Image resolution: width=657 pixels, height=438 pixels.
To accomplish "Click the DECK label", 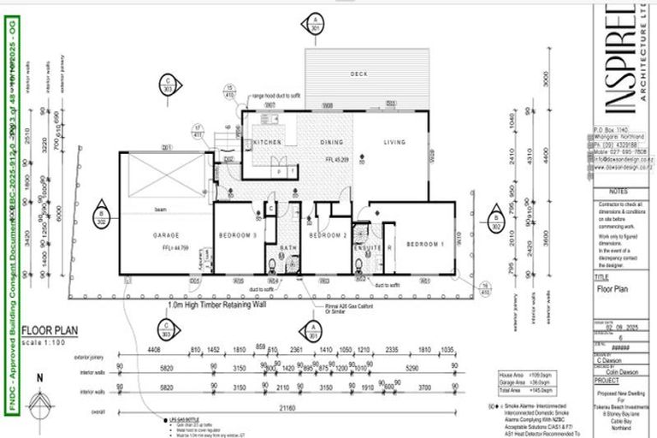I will pyautogui.click(x=358, y=74).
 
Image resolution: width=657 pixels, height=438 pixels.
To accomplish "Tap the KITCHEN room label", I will pyautogui.click(x=266, y=142).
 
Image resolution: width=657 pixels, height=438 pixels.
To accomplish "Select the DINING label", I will pyautogui.click(x=332, y=142).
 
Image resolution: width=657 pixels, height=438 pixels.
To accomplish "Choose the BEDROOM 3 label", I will pyautogui.click(x=236, y=234).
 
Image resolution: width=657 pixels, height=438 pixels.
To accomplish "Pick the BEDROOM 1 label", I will pyautogui.click(x=424, y=244).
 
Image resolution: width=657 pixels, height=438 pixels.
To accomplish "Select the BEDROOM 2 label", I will pyautogui.click(x=325, y=234).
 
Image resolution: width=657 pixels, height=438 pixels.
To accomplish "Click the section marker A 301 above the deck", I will pyautogui.click(x=317, y=23).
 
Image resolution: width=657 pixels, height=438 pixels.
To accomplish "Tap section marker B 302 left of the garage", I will pyautogui.click(x=102, y=217).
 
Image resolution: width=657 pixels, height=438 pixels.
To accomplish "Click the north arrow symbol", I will pyautogui.click(x=37, y=402).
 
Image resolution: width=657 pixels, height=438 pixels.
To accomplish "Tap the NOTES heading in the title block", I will pyautogui.click(x=620, y=192).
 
